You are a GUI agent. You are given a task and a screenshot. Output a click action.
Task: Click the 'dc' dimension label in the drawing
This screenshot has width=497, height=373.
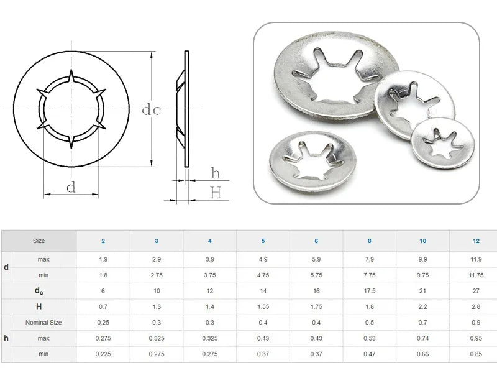(x=152, y=110)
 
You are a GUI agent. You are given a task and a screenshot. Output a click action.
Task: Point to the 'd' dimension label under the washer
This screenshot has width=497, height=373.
(x=71, y=187)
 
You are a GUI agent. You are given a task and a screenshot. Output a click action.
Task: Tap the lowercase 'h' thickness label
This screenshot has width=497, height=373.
(x=216, y=173)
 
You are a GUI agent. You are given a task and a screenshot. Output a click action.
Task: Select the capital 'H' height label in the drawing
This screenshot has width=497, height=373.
(x=216, y=193)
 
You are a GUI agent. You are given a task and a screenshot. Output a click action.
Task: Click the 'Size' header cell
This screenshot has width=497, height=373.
(x=39, y=241)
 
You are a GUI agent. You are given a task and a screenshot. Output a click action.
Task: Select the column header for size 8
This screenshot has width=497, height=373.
(x=369, y=241)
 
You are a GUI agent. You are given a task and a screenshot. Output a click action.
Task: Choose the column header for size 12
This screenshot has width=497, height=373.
(x=475, y=241)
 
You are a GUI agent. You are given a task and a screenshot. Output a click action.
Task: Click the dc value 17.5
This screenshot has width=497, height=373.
(x=369, y=291)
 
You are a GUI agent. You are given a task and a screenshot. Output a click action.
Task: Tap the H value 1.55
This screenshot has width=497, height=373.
(x=263, y=307)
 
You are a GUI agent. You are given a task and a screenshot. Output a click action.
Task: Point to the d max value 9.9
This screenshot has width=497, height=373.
(x=422, y=259)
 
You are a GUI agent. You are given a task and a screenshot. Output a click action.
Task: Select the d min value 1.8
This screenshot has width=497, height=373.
(x=103, y=275)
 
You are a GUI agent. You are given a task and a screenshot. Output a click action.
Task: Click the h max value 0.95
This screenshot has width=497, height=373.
(x=475, y=339)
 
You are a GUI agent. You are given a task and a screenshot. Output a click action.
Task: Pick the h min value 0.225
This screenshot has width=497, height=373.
(x=103, y=354)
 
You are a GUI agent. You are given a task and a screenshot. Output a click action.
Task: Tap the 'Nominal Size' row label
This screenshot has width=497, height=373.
(x=43, y=323)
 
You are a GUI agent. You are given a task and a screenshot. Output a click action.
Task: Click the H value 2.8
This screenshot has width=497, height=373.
(x=475, y=307)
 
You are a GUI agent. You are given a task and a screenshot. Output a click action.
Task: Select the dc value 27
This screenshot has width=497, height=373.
(x=475, y=291)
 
